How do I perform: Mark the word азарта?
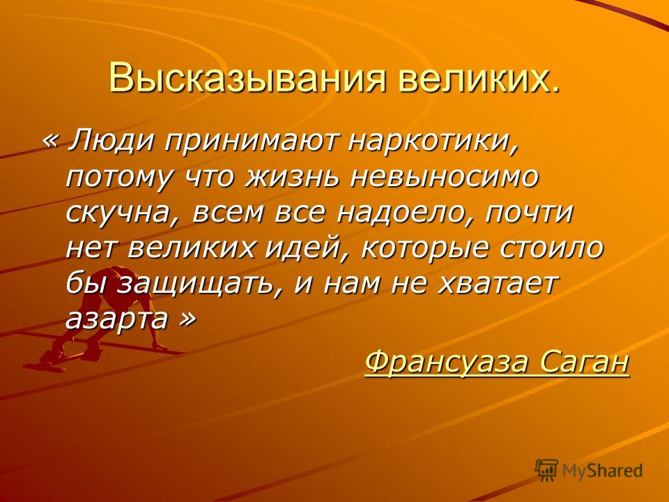[x=116, y=319]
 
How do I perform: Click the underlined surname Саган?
[x=585, y=362]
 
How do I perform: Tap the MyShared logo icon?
[x=546, y=470]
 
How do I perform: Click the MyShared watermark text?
[x=602, y=471]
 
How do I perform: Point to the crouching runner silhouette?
[x=98, y=316]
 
